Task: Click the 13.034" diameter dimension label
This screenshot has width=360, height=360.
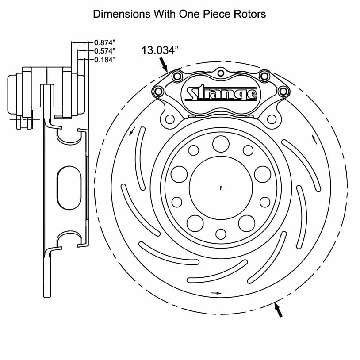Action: [x=160, y=50]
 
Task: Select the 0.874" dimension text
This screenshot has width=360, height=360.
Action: [x=105, y=42]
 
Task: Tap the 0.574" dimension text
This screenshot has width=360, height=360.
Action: [x=105, y=51]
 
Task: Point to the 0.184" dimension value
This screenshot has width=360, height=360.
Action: [x=105, y=60]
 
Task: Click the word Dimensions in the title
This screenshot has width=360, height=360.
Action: [x=122, y=14]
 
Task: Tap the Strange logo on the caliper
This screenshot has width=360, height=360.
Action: [x=221, y=93]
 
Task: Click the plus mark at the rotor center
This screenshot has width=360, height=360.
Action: [x=221, y=188]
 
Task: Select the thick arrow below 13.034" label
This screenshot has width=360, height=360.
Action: [x=164, y=64]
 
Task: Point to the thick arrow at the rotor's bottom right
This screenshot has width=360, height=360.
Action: [x=278, y=310]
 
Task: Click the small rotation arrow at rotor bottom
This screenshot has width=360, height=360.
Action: [x=216, y=293]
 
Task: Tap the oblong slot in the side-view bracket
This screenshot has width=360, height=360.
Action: [x=69, y=188]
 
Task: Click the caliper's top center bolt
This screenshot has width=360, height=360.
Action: [x=221, y=73]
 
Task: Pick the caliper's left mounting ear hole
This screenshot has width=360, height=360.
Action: [x=170, y=119]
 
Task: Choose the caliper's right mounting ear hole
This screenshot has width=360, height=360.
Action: [x=272, y=119]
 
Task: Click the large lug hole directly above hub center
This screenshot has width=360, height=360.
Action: [x=221, y=144]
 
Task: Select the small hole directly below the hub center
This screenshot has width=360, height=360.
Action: [x=221, y=234]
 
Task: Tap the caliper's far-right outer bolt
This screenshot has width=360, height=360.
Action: [x=283, y=92]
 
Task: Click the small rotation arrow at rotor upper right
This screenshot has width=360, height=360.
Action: [x=314, y=139]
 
